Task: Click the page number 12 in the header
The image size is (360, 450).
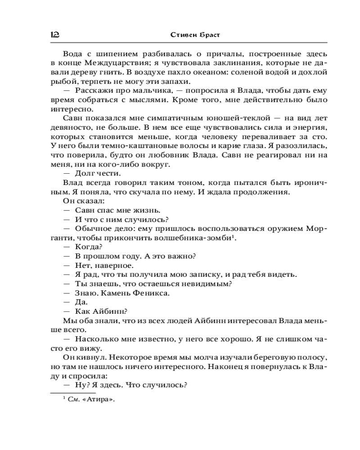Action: [x=56, y=34]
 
